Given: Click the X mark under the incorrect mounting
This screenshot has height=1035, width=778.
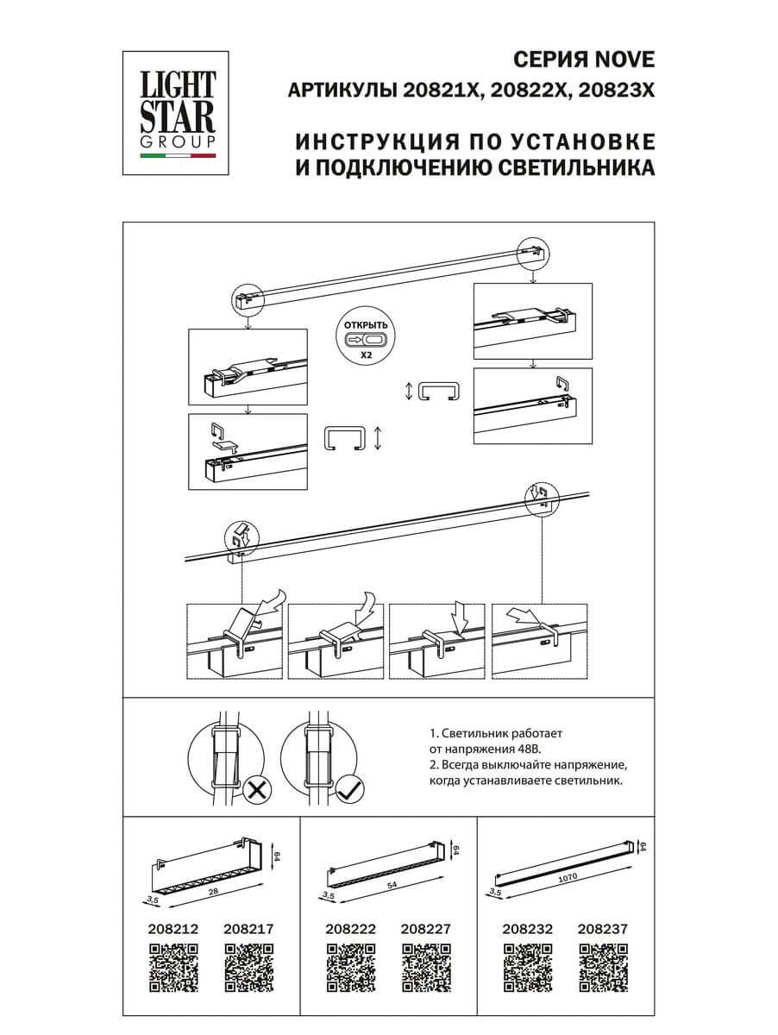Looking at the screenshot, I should pos(254,787).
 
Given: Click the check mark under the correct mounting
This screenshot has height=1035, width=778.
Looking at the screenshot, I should pos(348,787).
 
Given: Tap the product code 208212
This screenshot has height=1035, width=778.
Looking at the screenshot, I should pos(173,929).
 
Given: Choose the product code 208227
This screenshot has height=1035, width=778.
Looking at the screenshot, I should pos(425,929).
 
